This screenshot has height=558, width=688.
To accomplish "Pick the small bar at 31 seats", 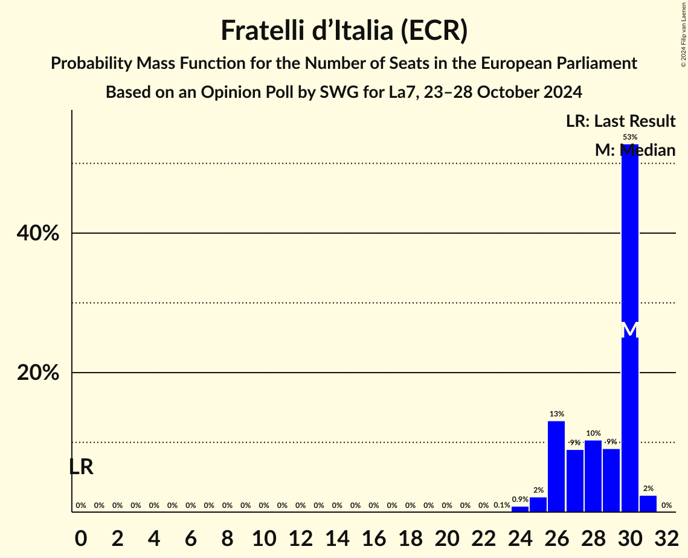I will [x=648, y=504].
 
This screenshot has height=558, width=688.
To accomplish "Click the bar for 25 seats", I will [x=538, y=504].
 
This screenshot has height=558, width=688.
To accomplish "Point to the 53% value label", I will [x=629, y=137].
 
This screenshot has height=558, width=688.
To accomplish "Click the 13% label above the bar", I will [x=556, y=414].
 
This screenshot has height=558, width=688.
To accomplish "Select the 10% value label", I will [x=593, y=433].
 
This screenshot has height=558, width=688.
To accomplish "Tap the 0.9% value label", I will [x=520, y=499].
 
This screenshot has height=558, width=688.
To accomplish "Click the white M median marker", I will [x=629, y=330].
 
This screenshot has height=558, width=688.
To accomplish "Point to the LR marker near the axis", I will [x=81, y=467].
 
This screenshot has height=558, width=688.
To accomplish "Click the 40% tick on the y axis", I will [x=38, y=233].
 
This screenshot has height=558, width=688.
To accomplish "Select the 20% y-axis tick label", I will [x=38, y=373].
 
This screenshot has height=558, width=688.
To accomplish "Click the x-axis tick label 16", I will [x=374, y=536].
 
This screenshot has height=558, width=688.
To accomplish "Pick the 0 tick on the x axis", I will [x=81, y=536].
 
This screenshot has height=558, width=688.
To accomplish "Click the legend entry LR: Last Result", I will [x=620, y=121].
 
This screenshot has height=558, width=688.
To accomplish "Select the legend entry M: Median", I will [x=635, y=150].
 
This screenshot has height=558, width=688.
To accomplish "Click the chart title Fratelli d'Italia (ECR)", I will [x=344, y=30].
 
